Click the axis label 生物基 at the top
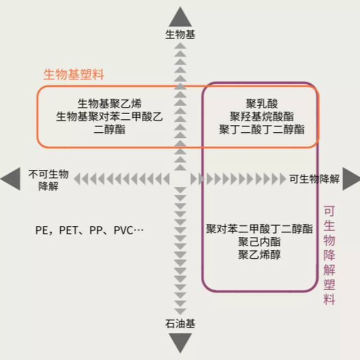pos(180,34)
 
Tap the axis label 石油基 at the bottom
pos(180,324)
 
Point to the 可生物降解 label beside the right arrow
pos(314,179)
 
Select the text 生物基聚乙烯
pos(110,103)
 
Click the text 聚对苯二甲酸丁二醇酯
pos(259,229)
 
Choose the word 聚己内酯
pos(259,242)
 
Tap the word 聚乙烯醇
pos(259,255)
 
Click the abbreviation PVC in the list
pos(125,230)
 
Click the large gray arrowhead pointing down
pos(180,343)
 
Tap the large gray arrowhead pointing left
pos(10,180)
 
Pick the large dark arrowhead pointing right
pos(351,179)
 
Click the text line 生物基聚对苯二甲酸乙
pos(110,116)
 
